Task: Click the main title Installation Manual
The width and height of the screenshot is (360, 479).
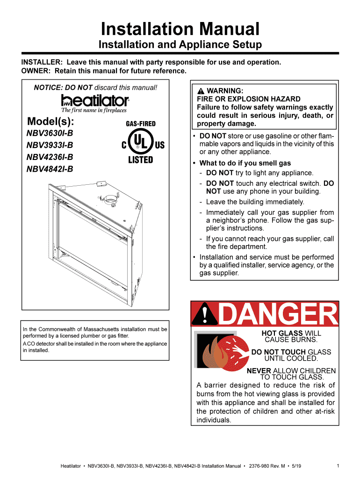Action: (x=180, y=29)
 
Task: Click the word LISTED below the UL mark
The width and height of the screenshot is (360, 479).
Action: (x=141, y=160)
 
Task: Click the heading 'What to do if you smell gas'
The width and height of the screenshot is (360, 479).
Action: (x=245, y=163)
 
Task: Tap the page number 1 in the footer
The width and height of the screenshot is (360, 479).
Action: (x=338, y=466)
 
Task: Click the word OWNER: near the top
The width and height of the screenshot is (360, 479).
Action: (x=36, y=71)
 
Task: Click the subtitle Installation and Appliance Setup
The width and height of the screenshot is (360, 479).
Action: (x=180, y=45)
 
